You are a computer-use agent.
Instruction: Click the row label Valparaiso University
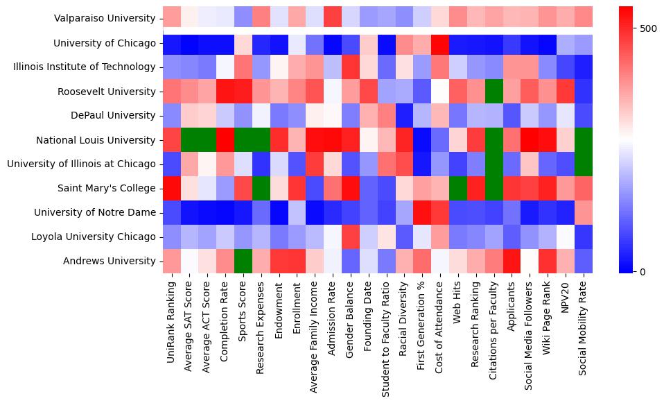coord(105,19)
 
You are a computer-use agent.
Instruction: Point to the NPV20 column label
coord(566,298)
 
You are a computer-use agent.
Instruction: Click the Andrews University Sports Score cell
coord(243,261)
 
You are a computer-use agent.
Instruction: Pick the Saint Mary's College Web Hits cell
coord(458,188)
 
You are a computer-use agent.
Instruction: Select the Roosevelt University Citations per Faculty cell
coord(494,91)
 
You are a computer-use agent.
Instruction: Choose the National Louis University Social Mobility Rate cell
coord(584,139)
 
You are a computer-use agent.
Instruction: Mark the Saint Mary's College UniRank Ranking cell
coord(171,188)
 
